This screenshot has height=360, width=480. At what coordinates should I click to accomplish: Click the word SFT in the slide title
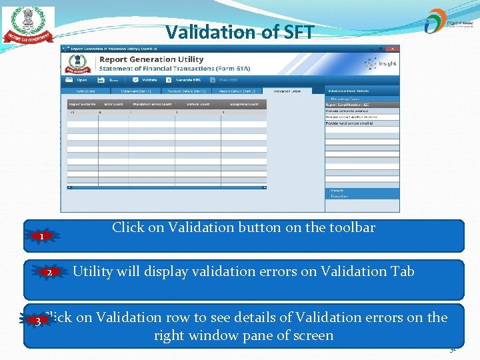coord(294,32)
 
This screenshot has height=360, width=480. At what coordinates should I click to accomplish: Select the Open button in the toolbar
coord(78,80)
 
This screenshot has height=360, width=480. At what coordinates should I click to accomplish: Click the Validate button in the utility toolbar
coord(145,80)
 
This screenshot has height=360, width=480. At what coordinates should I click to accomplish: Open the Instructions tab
coord(85,91)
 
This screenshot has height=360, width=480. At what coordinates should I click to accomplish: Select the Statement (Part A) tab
coord(136,91)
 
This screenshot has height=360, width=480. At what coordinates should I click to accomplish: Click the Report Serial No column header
coord(82,104)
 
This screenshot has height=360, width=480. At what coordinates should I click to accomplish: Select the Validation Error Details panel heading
coord(347,91)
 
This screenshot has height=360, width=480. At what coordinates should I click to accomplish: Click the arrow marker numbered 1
coord(42,237)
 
